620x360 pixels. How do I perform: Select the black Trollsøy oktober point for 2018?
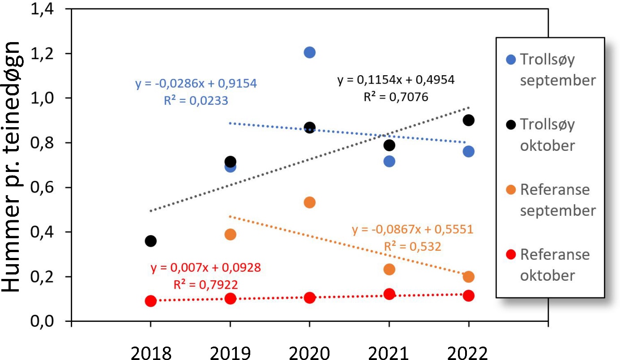151,241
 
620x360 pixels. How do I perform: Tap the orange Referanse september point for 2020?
310,202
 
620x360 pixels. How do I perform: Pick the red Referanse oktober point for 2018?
151,301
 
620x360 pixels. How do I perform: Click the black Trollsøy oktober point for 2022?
469,120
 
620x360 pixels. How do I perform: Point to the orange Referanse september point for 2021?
389,269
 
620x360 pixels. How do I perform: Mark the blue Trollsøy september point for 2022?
469,151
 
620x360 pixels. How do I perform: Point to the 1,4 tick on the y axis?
54,9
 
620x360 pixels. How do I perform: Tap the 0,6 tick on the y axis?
54,188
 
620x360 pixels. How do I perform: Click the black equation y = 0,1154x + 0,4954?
396,80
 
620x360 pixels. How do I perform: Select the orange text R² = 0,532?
412,247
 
